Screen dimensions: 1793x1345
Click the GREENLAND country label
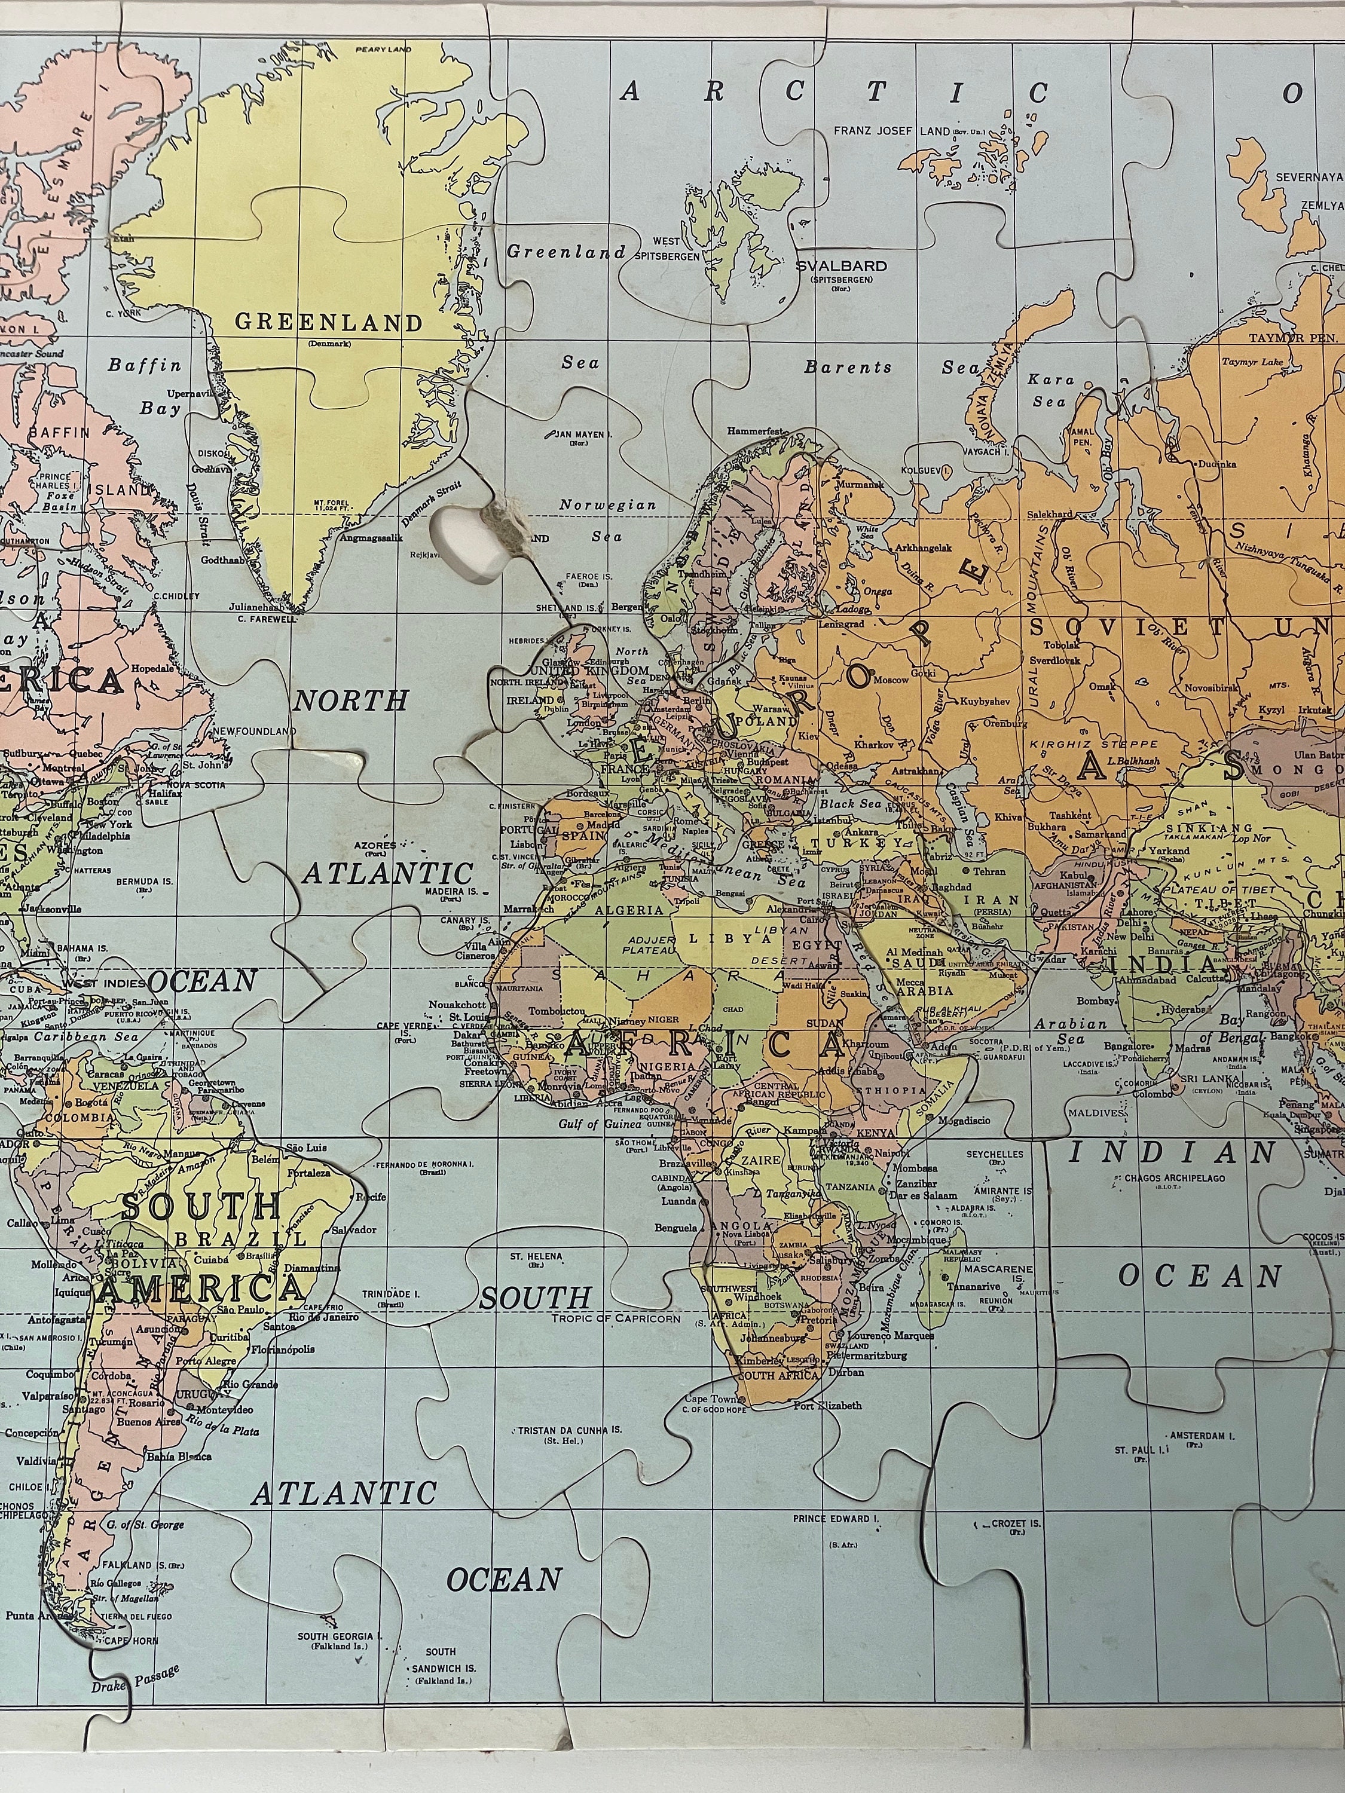(328, 323)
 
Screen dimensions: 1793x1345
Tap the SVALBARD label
(840, 266)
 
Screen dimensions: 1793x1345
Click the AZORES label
(375, 845)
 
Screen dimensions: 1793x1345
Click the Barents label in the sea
(847, 367)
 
